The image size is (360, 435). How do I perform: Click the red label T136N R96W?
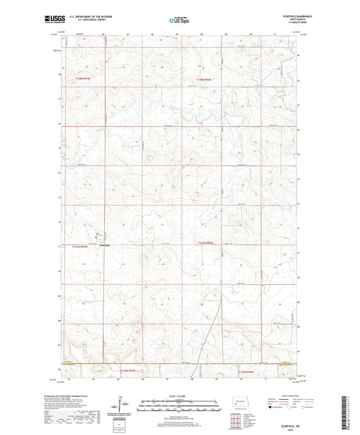point(205,79)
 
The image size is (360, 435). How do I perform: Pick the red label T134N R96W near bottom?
point(246,371)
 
